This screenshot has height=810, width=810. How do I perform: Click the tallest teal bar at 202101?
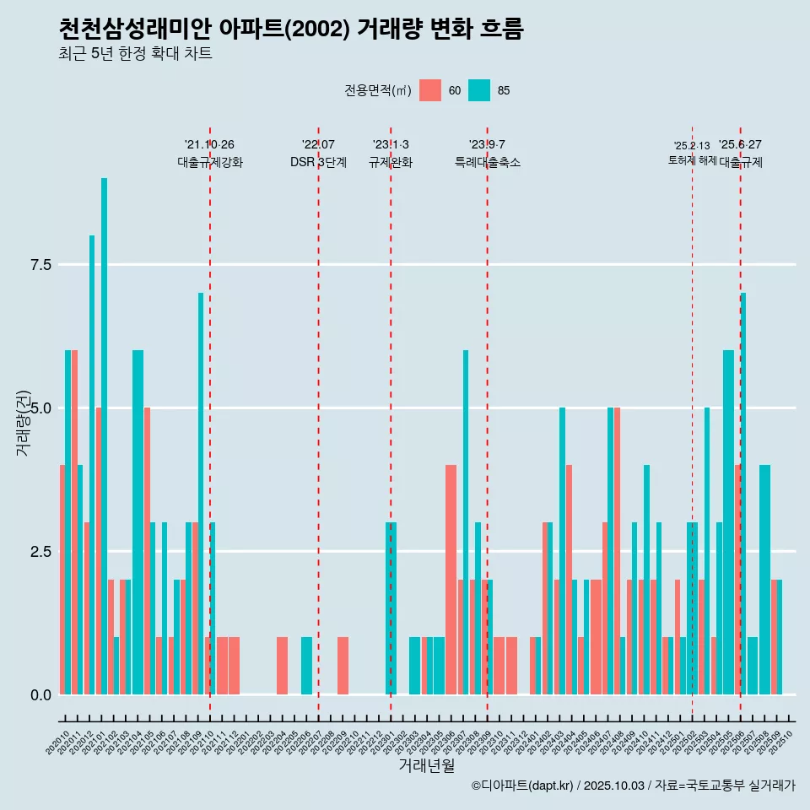[105, 436]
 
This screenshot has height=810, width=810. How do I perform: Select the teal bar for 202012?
[92, 465]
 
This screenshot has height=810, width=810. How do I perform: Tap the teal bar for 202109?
[201, 494]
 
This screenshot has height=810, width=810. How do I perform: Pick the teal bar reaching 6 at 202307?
[465, 522]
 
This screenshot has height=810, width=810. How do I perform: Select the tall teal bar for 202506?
[743, 494]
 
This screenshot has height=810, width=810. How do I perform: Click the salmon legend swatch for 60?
[430, 90]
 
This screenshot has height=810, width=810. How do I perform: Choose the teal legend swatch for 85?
[479, 90]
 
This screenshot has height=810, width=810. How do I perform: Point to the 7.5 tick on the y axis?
[41, 265]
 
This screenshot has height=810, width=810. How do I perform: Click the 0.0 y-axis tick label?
[41, 695]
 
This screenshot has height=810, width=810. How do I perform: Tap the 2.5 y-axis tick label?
[41, 552]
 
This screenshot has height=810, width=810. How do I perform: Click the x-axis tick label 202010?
[58, 742]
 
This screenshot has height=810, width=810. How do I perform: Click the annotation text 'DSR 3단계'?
[318, 162]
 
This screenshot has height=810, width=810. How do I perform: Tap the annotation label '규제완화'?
[390, 162]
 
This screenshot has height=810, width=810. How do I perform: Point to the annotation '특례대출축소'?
[487, 162]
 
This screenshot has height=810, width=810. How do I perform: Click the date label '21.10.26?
[209, 144]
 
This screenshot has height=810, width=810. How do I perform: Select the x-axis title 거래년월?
[426, 766]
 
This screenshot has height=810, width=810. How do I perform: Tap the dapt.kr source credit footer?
[633, 786]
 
